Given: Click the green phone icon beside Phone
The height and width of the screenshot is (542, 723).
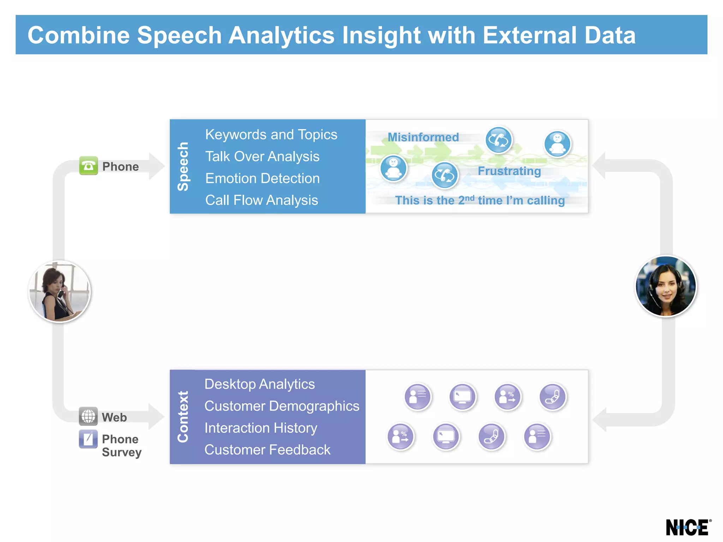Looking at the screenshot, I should pyautogui.click(x=88, y=166).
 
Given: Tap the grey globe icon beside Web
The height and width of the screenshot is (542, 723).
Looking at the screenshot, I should pyautogui.click(x=88, y=416).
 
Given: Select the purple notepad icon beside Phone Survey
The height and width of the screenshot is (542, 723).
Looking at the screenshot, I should pyautogui.click(x=88, y=439).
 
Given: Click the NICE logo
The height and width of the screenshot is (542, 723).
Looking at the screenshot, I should pyautogui.click(x=687, y=528).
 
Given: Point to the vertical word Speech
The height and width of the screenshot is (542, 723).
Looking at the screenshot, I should pyautogui.click(x=183, y=167).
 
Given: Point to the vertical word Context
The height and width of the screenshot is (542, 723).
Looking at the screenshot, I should pyautogui.click(x=183, y=417).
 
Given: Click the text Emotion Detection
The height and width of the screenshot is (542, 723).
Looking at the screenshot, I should pyautogui.click(x=262, y=179).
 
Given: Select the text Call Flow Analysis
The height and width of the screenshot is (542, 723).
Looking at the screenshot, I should pyautogui.click(x=262, y=200).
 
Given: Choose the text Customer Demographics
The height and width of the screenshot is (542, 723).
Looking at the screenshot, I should pyautogui.click(x=282, y=406).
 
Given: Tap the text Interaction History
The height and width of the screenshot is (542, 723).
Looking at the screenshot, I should pyautogui.click(x=261, y=428).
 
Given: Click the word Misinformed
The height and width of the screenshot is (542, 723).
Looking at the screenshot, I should pyautogui.click(x=423, y=137).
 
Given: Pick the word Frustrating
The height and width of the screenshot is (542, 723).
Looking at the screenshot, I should pyautogui.click(x=509, y=171).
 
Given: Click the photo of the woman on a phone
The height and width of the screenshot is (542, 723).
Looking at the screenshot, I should pyautogui.click(x=59, y=291).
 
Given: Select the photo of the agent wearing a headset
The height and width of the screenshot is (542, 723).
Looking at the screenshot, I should pyautogui.click(x=665, y=286).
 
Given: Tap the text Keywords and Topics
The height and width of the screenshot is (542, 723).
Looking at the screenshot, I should pyautogui.click(x=271, y=135).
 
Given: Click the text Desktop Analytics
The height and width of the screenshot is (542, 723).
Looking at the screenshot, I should pyautogui.click(x=259, y=384).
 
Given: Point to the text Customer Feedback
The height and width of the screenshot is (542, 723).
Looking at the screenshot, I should pyautogui.click(x=267, y=450).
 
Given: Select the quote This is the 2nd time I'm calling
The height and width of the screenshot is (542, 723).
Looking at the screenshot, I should pyautogui.click(x=480, y=200).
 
